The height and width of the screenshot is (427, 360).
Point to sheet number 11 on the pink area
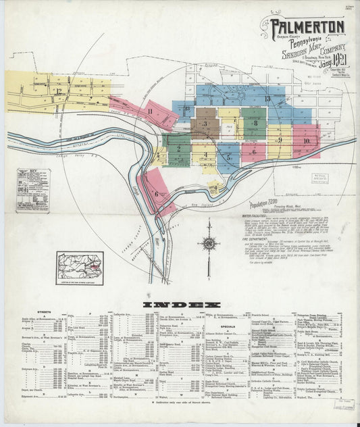(x=150, y=111)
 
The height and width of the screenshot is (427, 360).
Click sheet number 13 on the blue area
(x=267, y=99)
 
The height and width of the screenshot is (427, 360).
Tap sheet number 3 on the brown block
(x=204, y=124)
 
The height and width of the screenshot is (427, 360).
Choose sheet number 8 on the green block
(x=255, y=123)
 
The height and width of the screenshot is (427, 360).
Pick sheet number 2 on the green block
(x=178, y=148)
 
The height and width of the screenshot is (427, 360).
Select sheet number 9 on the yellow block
(x=279, y=140)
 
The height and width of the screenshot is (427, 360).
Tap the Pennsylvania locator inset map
(x=80, y=268)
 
